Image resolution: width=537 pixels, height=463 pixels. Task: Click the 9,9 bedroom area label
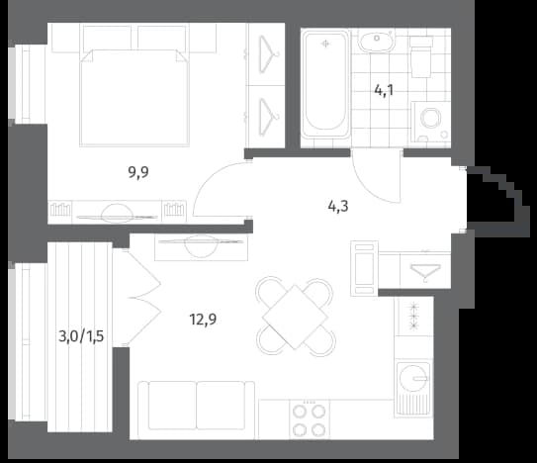point(138,172)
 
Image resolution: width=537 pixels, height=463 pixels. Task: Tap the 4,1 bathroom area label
point(384,91)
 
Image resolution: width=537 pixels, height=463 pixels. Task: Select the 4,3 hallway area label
point(338,207)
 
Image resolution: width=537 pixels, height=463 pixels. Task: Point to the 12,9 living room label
point(203,320)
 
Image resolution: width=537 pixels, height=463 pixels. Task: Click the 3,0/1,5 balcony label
point(81,336)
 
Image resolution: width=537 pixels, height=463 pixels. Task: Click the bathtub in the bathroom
point(325,84)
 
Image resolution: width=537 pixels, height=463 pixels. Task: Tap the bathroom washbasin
point(377,40)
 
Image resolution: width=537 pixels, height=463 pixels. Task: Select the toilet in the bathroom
point(421,56)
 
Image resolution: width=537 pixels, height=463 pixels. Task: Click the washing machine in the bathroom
point(431,122)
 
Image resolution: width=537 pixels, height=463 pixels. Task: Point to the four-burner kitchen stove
point(310,419)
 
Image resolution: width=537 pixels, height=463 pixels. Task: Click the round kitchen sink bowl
point(413,378)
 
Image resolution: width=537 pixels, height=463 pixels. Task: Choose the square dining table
point(295,317)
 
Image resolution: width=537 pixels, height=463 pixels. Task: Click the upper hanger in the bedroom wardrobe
point(269,54)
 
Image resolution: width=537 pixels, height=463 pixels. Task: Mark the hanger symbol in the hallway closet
point(425,271)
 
